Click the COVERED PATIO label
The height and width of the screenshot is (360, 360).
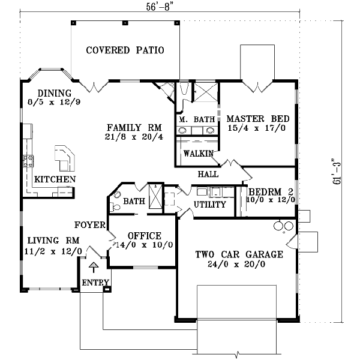click(x=125, y=50)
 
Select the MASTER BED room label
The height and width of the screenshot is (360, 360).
click(x=259, y=118)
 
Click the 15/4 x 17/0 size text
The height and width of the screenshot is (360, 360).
click(x=259, y=128)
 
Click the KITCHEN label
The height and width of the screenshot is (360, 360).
click(x=55, y=179)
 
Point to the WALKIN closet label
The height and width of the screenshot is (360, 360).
click(x=199, y=154)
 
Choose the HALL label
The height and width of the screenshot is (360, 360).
click(x=207, y=174)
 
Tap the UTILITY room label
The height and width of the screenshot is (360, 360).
click(x=209, y=205)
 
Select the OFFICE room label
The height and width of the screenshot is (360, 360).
click(x=144, y=235)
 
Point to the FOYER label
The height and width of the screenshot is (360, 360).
click(x=90, y=225)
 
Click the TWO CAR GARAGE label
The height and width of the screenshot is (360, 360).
click(x=238, y=254)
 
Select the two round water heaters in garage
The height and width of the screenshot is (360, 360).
click(x=283, y=226)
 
